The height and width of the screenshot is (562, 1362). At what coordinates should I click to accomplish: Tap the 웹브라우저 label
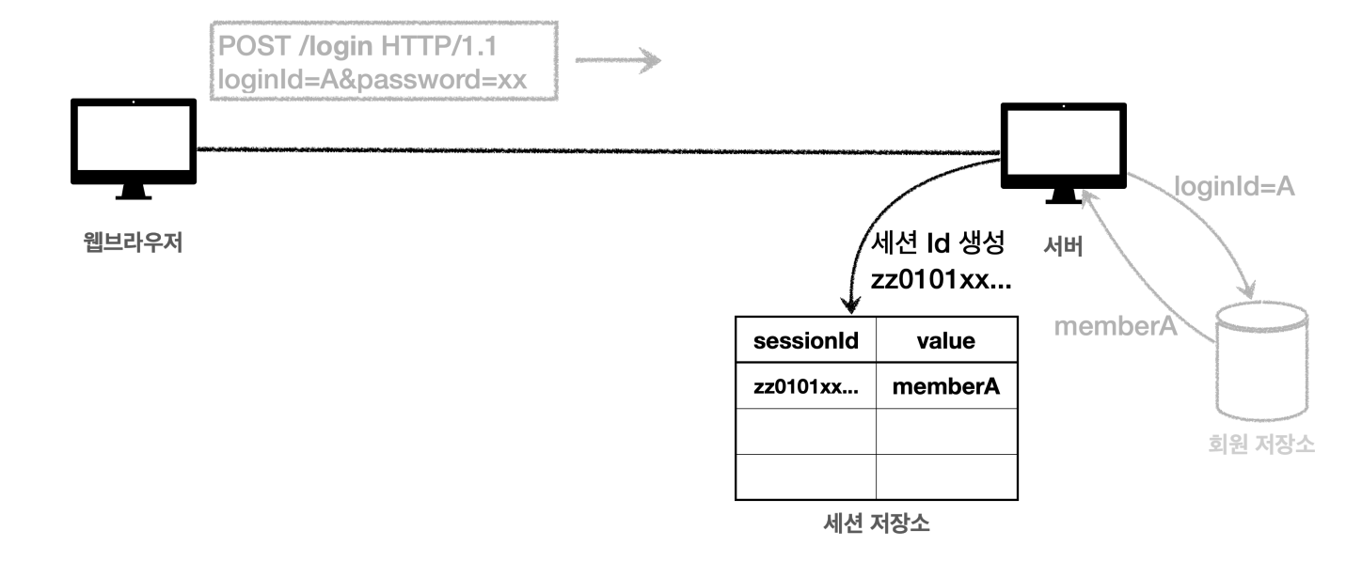click(x=133, y=247)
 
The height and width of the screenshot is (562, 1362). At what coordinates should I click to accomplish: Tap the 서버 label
click(x=1064, y=246)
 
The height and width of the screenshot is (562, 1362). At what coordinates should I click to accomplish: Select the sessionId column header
click(x=806, y=342)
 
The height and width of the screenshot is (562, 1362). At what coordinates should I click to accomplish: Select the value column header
click(x=945, y=342)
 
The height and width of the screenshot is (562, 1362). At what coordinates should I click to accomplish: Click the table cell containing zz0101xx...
click(x=805, y=387)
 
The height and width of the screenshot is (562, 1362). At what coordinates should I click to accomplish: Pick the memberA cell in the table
click(x=945, y=387)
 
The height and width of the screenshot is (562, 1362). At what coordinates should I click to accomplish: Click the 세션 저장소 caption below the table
click(x=876, y=523)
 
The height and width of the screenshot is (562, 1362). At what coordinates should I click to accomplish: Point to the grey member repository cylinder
click(x=1261, y=363)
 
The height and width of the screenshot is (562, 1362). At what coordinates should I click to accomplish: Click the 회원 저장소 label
click(x=1261, y=443)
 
